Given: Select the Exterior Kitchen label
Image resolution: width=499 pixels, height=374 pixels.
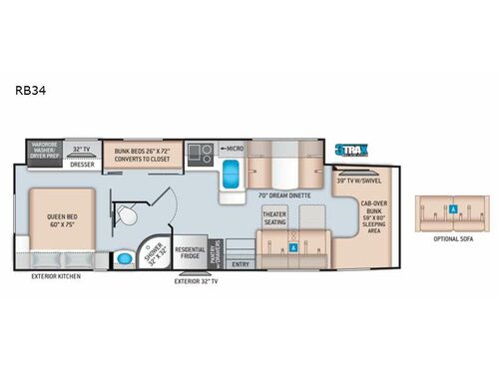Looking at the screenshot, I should click(x=56, y=275).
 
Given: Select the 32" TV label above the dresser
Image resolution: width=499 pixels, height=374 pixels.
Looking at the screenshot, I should click(x=83, y=149).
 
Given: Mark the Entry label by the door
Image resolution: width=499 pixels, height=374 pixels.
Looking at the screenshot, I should click(x=241, y=264).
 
